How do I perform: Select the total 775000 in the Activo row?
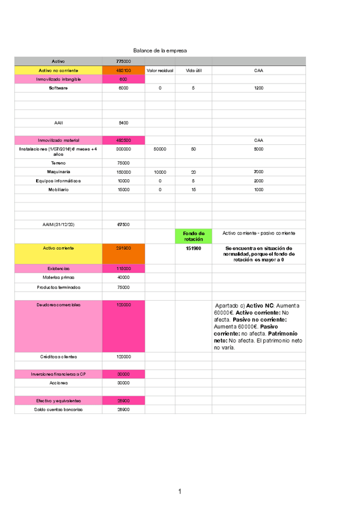pyautogui.click(x=123, y=61)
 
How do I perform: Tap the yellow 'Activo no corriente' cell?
pyautogui.click(x=58, y=70)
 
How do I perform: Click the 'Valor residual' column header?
pyautogui.click(x=160, y=70)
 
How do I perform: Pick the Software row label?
pyautogui.click(x=58, y=88)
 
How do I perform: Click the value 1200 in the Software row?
pyautogui.click(x=258, y=88)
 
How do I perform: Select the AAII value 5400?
pyautogui.click(x=123, y=123)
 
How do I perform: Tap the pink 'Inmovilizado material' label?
pyautogui.click(x=58, y=140)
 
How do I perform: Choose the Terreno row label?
pyautogui.click(x=58, y=163)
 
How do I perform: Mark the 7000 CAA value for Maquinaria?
pyautogui.click(x=258, y=171)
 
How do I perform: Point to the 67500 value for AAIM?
pyautogui.click(x=123, y=224)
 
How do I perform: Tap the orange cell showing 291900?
pyautogui.click(x=123, y=248)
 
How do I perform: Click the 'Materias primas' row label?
pyautogui.click(x=58, y=277)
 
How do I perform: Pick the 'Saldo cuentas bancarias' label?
pyautogui.click(x=58, y=410)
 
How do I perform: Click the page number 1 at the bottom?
pyautogui.click(x=180, y=493)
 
